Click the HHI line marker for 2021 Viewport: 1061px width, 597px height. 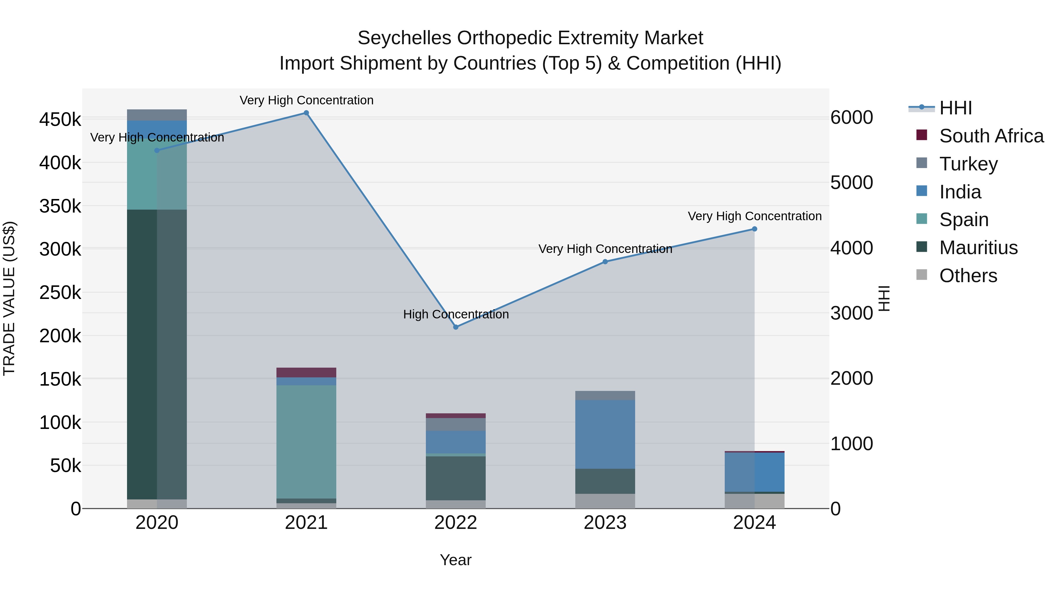[306, 113]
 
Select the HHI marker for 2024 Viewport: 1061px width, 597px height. [754, 229]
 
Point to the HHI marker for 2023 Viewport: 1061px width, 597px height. [605, 262]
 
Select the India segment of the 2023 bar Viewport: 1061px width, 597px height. [605, 434]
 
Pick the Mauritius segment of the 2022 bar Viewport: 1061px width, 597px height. [456, 478]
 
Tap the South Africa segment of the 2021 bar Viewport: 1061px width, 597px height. [306, 372]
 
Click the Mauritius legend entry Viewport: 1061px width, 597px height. [978, 248]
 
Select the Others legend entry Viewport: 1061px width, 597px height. [968, 276]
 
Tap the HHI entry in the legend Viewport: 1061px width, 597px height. [955, 108]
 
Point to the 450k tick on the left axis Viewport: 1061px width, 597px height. [60, 120]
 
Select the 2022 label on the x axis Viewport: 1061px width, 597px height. [456, 523]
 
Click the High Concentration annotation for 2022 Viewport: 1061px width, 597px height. [456, 314]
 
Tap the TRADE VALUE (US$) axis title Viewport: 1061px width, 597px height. [9, 298]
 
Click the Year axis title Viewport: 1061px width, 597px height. [456, 560]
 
